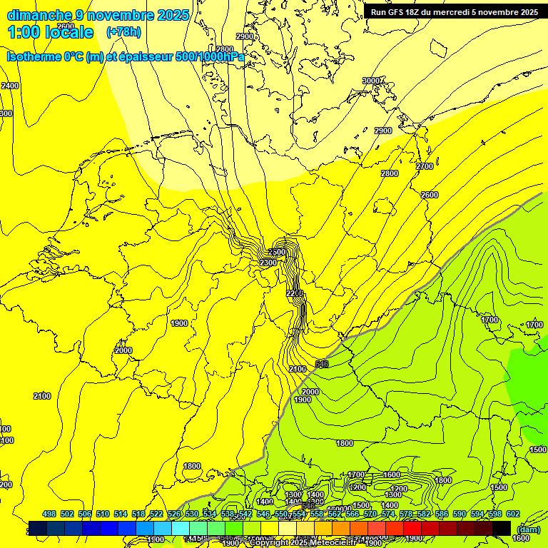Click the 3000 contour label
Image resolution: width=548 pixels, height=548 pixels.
coord(371,81)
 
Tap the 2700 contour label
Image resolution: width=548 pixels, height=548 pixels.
coord(425,166)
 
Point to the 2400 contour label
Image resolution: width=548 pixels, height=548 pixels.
coord(10,86)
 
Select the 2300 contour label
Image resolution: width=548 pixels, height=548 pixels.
coord(268,263)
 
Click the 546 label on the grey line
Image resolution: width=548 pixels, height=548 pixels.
coord(321,364)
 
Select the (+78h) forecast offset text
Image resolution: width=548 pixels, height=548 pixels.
coord(123,32)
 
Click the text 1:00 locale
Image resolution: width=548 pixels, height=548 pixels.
coord(51,32)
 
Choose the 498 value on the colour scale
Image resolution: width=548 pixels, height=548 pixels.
coord(49,514)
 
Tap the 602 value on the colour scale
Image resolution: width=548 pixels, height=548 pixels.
coord(512,514)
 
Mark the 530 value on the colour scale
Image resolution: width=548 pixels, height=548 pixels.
coord(192,514)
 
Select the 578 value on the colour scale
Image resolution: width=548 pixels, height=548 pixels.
coord(406,514)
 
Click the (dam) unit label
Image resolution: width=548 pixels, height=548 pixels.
coord(527,529)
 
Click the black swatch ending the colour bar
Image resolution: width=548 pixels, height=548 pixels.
coord(502,528)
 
